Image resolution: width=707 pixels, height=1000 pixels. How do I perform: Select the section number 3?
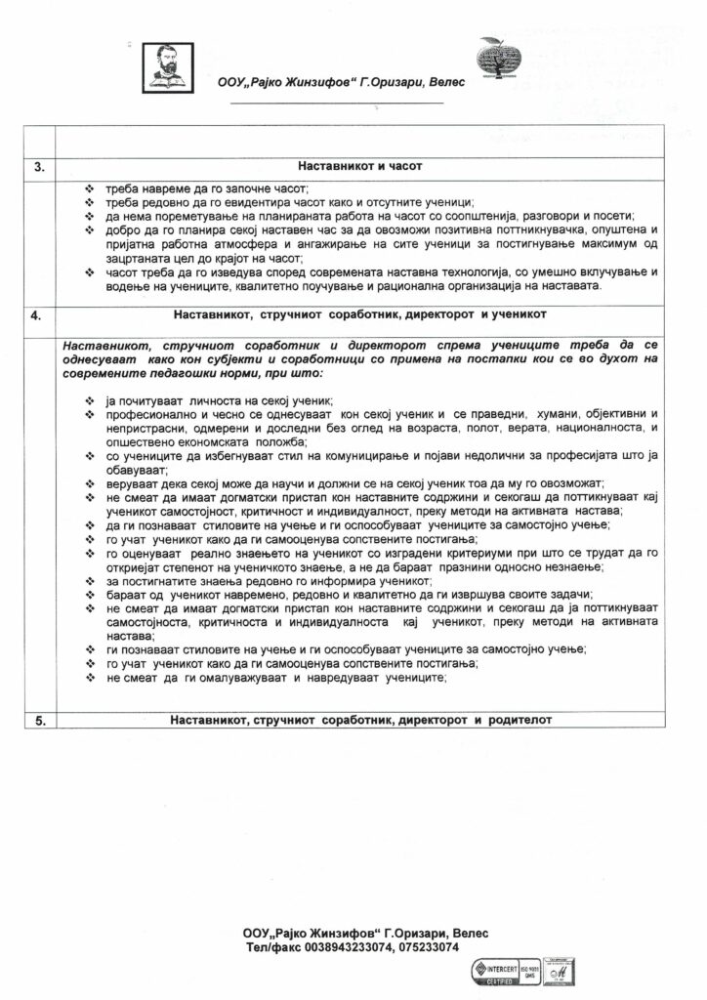39,167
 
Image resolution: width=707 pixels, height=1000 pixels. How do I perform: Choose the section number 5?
39,721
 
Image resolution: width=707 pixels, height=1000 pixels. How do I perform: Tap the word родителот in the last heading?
520,721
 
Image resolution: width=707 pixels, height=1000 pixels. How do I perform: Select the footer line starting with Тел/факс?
352,946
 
